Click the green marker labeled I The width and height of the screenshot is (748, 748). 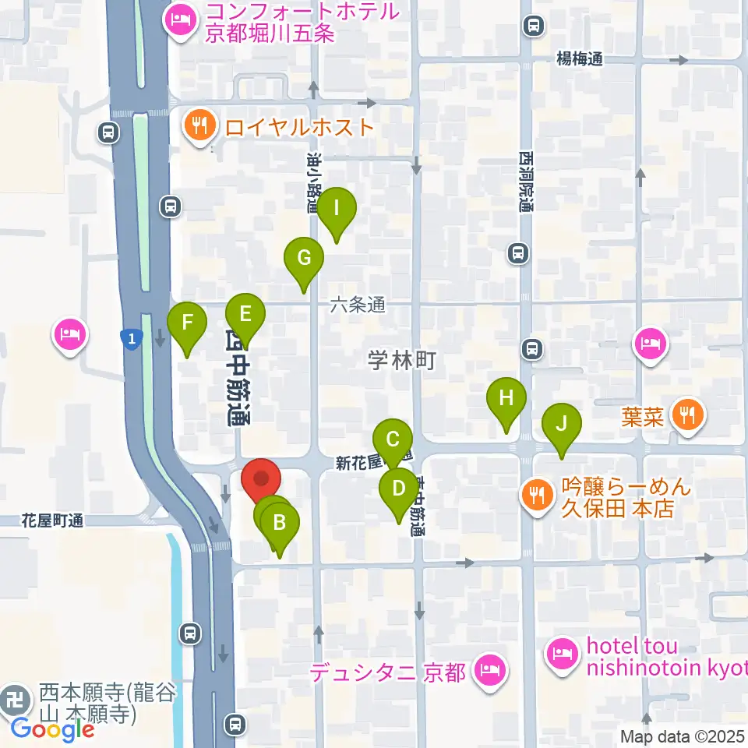[x=337, y=209]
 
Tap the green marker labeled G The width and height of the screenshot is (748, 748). [x=304, y=258]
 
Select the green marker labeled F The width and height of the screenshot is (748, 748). [x=187, y=322]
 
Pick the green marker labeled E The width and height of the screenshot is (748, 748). [x=245, y=315]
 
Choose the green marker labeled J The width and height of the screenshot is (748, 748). [x=561, y=424]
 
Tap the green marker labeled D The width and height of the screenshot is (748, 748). [x=399, y=490]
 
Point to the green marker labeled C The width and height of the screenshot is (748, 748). [x=393, y=439]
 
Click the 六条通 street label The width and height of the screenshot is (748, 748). [x=357, y=305]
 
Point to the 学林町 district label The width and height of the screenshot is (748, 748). [x=400, y=361]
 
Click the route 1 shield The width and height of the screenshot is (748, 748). [x=132, y=338]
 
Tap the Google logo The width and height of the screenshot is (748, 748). [x=52, y=729]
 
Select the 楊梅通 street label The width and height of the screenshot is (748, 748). [x=580, y=58]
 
